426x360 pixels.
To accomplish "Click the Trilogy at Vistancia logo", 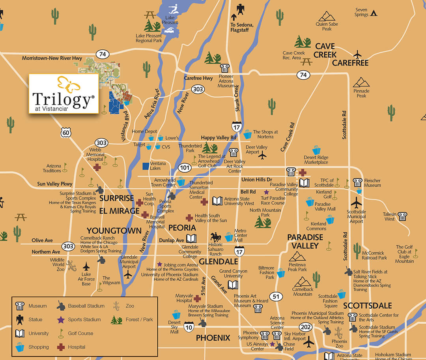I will (x=64, y=94).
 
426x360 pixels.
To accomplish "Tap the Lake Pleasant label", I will (x=172, y=20).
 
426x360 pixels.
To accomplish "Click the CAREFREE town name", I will (x=350, y=63).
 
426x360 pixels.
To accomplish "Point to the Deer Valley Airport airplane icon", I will (x=262, y=156).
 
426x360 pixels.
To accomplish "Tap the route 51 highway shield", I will (x=275, y=296).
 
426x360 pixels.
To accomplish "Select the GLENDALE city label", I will (x=218, y=261).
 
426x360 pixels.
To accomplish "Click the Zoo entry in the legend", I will (x=116, y=306).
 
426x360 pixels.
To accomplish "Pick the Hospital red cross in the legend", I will (x=61, y=347).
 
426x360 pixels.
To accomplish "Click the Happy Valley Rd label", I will (x=218, y=137).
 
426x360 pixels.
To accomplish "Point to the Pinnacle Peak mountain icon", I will (x=361, y=83).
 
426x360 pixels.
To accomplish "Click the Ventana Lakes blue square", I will (x=146, y=165).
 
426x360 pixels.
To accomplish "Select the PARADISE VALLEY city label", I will (x=305, y=241).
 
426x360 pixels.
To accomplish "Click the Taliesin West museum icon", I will (x=402, y=216).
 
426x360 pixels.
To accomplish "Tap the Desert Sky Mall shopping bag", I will (x=176, y=315).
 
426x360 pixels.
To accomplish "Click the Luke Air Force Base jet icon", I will (x=86, y=266).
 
